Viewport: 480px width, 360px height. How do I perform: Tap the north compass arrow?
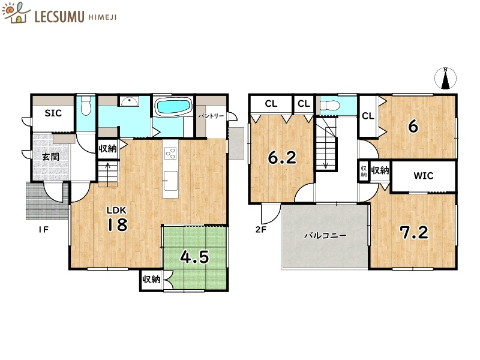pyautogui.click(x=445, y=79)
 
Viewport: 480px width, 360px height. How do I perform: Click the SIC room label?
pyautogui.click(x=52, y=113)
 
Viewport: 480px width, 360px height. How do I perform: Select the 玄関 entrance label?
pyautogui.click(x=50, y=157)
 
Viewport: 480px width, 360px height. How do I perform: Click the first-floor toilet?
pyautogui.click(x=86, y=107)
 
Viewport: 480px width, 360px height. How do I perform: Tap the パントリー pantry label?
pyautogui.click(x=211, y=115)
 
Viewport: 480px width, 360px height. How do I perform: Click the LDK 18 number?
pyautogui.click(x=118, y=224)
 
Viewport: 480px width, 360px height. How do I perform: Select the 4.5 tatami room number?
pyautogui.click(x=195, y=257)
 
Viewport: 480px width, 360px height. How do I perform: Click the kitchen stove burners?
pyautogui.click(x=170, y=153)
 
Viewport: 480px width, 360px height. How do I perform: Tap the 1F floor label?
pyautogui.click(x=43, y=229)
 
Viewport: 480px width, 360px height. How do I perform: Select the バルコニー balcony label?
pyautogui.click(x=325, y=236)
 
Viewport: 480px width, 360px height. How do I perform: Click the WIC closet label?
pyautogui.click(x=423, y=176)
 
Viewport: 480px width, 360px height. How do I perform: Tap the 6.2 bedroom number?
pyautogui.click(x=282, y=158)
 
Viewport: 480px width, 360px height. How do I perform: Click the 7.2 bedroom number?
pyautogui.click(x=415, y=232)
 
